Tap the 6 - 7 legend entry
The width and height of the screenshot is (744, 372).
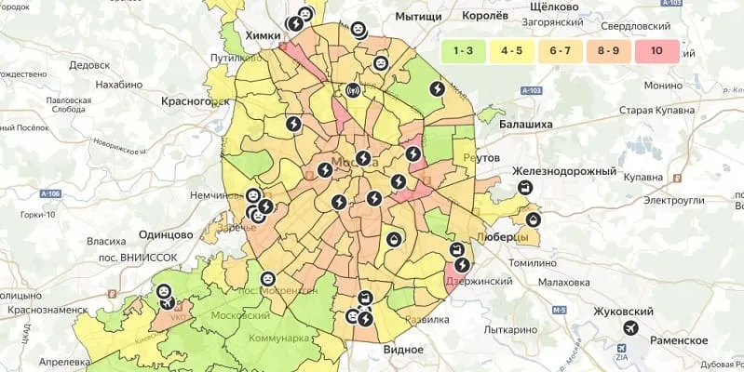coord(561,52)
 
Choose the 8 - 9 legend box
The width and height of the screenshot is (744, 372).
coord(608,52)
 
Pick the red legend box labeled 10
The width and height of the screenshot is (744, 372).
coord(657,52)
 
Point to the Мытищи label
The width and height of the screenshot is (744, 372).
coord(418,17)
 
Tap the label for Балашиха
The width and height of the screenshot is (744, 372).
coord(526,123)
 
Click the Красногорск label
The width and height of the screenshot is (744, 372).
coord(195,100)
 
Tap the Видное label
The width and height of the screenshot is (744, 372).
coord(403,349)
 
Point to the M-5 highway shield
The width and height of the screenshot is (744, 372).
coord(559,311)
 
